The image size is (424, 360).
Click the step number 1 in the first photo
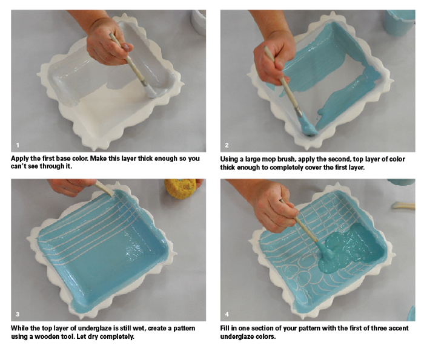[18, 145]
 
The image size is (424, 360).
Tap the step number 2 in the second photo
[227, 145]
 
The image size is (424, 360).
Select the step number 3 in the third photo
[18, 315]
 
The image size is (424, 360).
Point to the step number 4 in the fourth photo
[227, 315]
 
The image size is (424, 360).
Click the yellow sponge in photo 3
[181, 189]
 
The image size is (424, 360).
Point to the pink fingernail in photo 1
[126, 48]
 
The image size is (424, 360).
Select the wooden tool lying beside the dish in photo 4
[403, 206]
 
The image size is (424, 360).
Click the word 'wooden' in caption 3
[46, 337]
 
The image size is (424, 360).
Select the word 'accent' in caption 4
[399, 329]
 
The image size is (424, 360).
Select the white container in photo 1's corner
[199, 22]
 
